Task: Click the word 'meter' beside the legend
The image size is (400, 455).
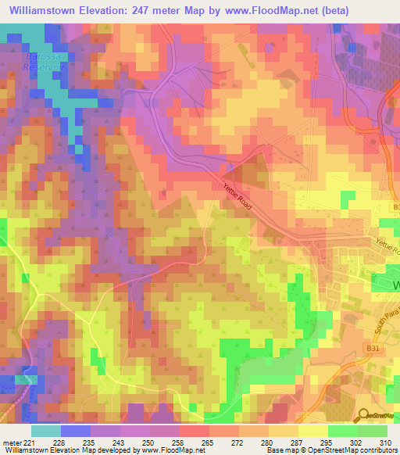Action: [11, 443]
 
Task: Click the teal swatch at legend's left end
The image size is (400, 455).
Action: [46, 431]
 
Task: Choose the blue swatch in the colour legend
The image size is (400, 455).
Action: [76, 431]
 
